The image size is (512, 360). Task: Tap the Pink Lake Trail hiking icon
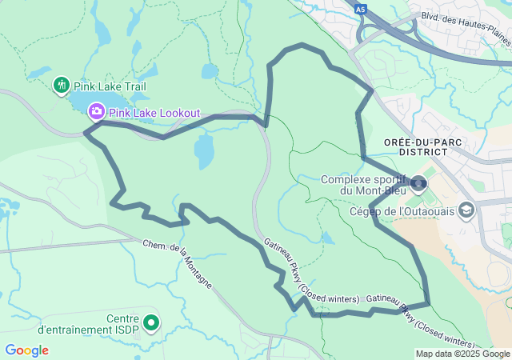point(62,86)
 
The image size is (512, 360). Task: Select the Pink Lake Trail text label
point(110,86)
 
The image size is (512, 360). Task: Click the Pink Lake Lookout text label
point(154,113)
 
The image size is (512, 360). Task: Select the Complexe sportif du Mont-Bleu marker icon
point(418,186)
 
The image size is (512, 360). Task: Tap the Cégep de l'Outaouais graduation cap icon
point(466,211)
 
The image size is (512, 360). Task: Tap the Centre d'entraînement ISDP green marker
point(150,323)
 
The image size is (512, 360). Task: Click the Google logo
point(26,350)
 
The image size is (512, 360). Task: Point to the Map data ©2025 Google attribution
point(462,354)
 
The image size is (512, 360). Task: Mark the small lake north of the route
point(210,71)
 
